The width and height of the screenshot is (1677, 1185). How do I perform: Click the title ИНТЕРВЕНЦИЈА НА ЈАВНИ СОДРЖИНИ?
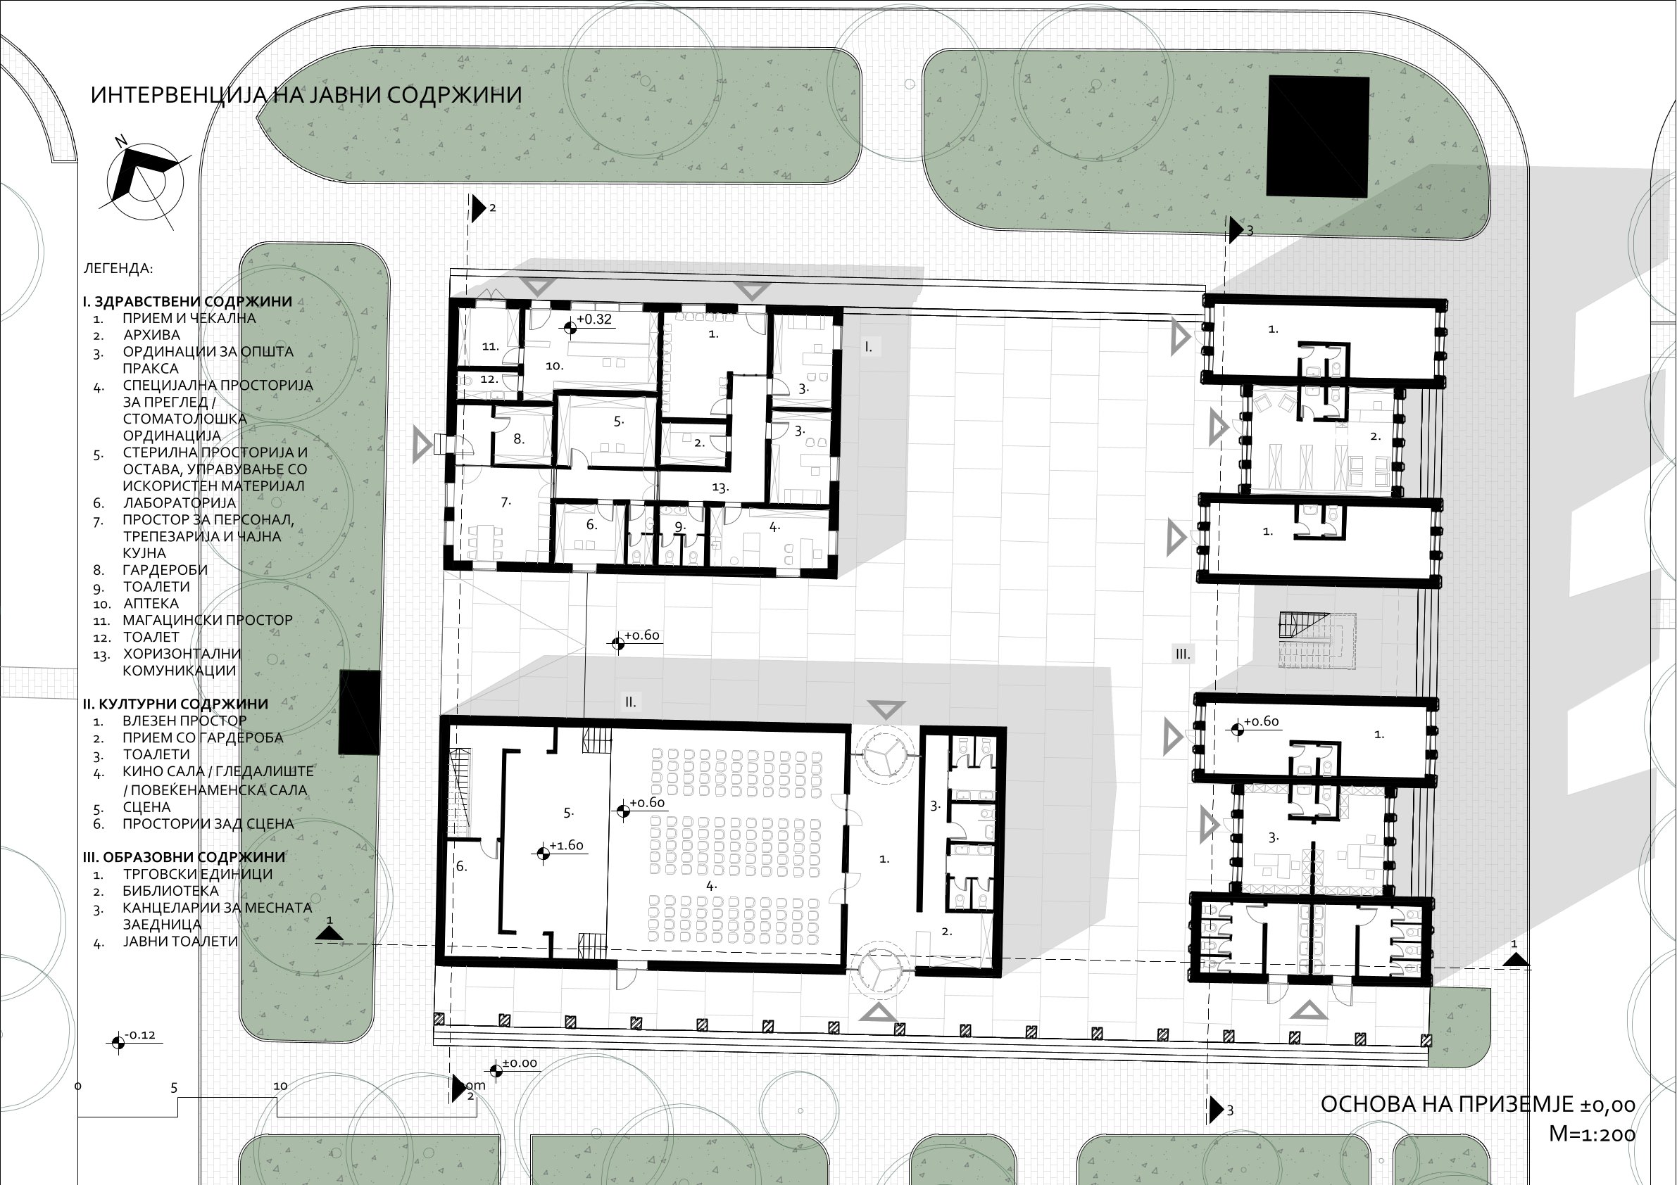306,95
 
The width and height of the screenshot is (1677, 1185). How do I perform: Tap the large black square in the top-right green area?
1318,137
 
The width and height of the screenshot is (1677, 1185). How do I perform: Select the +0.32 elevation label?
594,319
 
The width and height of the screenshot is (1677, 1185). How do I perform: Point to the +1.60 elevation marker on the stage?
566,846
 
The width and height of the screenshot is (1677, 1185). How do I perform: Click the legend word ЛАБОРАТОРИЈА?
179,503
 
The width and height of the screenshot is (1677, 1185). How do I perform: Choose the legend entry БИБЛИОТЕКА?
170,891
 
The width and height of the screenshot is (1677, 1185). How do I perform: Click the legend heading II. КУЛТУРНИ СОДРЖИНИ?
175,704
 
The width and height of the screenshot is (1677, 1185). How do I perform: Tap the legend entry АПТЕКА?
151,603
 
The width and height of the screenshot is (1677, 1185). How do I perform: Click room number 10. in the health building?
554,366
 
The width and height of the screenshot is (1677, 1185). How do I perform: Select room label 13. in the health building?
720,488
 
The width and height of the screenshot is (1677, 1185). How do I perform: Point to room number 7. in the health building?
506,502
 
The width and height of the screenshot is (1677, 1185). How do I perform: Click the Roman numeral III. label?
1183,654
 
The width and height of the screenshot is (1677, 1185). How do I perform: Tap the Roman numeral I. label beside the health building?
869,347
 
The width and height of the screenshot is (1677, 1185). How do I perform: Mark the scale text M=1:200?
1593,1133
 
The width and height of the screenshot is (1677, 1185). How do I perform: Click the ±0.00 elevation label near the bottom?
520,1063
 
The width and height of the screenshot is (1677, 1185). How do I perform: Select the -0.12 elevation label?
140,1034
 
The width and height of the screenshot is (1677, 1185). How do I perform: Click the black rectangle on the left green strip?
359,713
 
